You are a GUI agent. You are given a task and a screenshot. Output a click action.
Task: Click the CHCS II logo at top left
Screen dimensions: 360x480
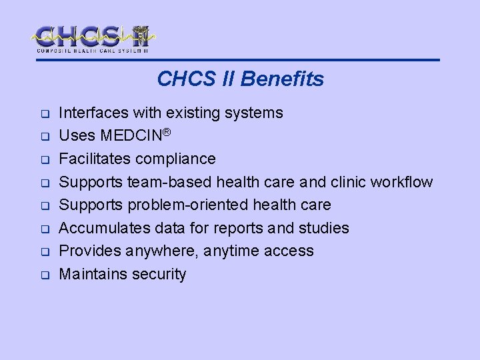[93, 38]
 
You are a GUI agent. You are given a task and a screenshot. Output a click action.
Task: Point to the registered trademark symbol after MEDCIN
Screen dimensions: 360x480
[167, 133]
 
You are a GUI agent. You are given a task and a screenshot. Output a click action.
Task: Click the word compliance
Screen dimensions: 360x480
[183, 159]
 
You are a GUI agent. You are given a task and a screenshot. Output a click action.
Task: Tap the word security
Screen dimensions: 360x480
[160, 274]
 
